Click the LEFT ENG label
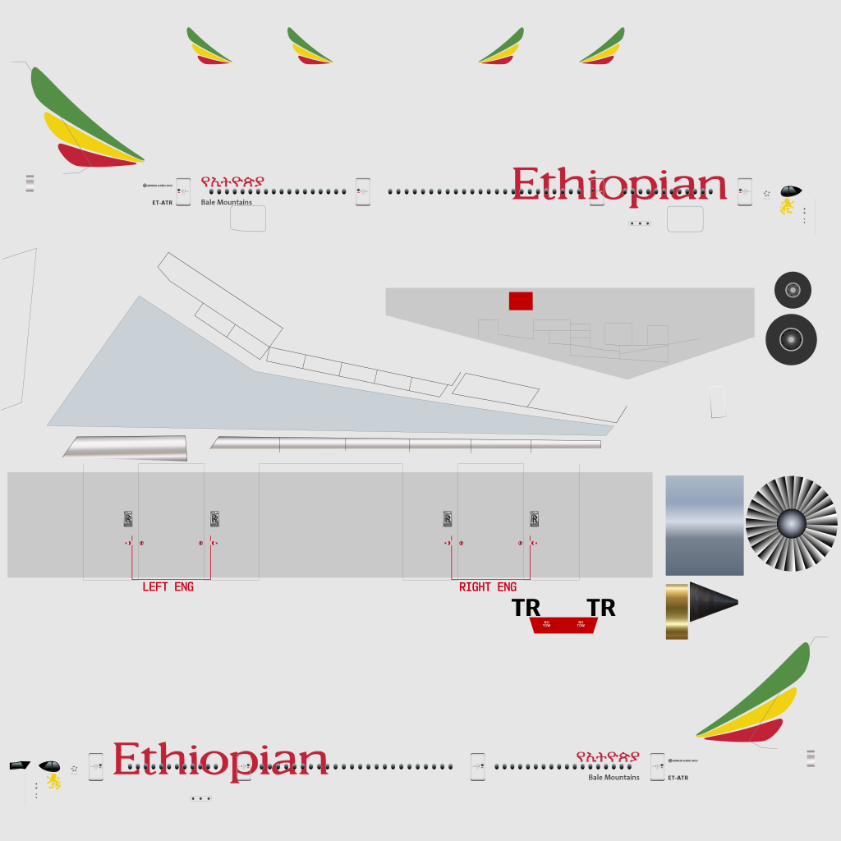(168, 587)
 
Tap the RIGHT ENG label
(488, 587)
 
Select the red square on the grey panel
(521, 301)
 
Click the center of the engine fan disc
(791, 523)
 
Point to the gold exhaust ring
(677, 611)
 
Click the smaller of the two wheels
(793, 290)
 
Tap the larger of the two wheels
(791, 339)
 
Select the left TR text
(526, 609)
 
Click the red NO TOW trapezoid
(563, 625)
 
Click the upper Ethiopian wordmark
(619, 186)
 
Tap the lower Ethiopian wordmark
(220, 761)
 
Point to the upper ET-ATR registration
(162, 202)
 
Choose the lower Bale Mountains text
(614, 777)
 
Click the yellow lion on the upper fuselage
(787, 206)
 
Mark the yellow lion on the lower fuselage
(53, 780)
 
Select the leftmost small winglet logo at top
(209, 47)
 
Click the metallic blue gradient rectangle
(704, 525)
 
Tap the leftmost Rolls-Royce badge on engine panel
(128, 518)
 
